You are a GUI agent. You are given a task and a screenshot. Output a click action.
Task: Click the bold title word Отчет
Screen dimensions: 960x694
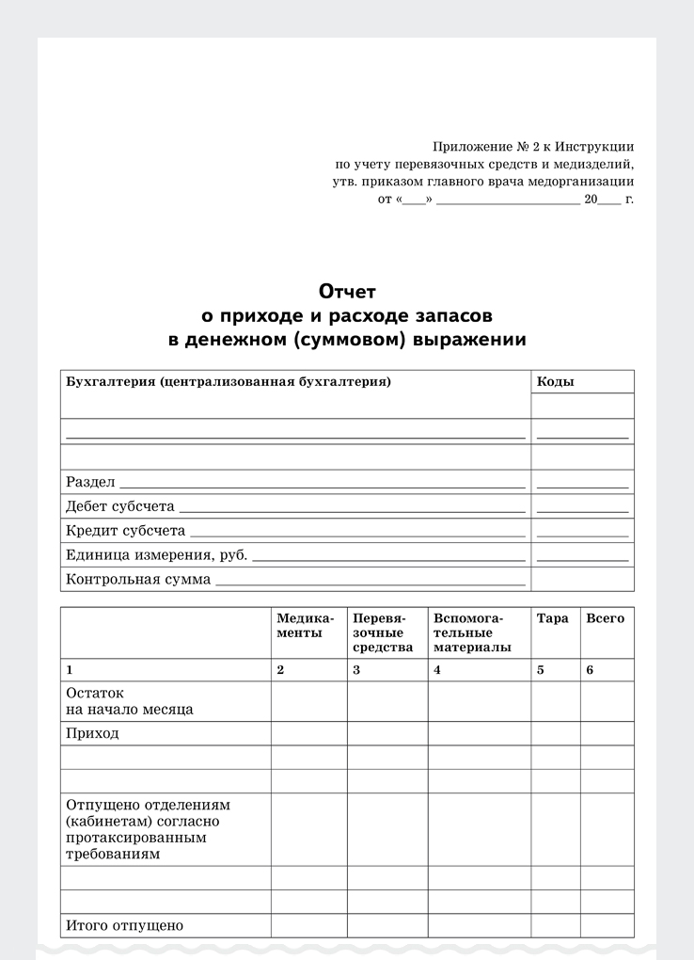(x=347, y=292)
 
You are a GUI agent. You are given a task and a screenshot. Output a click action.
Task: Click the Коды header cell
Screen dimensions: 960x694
(x=555, y=382)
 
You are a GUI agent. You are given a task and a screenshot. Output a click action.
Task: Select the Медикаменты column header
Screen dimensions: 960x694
(x=305, y=626)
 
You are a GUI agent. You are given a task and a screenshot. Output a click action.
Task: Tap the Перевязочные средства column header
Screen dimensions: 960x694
(x=383, y=632)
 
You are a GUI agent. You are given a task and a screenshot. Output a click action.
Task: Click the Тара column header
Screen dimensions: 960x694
(x=552, y=618)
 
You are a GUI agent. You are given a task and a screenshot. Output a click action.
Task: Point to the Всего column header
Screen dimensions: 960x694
(x=605, y=618)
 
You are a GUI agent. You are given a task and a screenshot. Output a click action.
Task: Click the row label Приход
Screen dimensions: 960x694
(x=93, y=733)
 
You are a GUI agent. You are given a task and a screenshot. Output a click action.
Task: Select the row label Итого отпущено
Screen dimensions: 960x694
(x=124, y=925)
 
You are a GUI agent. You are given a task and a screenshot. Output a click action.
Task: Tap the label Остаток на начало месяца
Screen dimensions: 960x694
(x=129, y=700)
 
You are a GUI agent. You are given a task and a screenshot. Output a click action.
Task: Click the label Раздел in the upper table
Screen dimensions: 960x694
(x=90, y=482)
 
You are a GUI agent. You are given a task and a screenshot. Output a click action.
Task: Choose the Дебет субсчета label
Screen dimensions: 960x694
(x=120, y=506)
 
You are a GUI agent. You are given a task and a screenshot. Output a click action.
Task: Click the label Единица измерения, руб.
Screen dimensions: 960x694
(x=156, y=555)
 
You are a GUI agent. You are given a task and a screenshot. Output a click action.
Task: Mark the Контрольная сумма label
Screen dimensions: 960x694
(x=138, y=580)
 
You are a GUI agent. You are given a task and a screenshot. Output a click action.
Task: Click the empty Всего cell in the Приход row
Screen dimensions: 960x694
(x=607, y=733)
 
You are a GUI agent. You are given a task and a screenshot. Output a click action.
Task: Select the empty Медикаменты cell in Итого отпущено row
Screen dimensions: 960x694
(x=308, y=925)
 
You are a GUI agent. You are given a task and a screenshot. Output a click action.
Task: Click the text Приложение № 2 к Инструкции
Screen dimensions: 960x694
(x=533, y=147)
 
